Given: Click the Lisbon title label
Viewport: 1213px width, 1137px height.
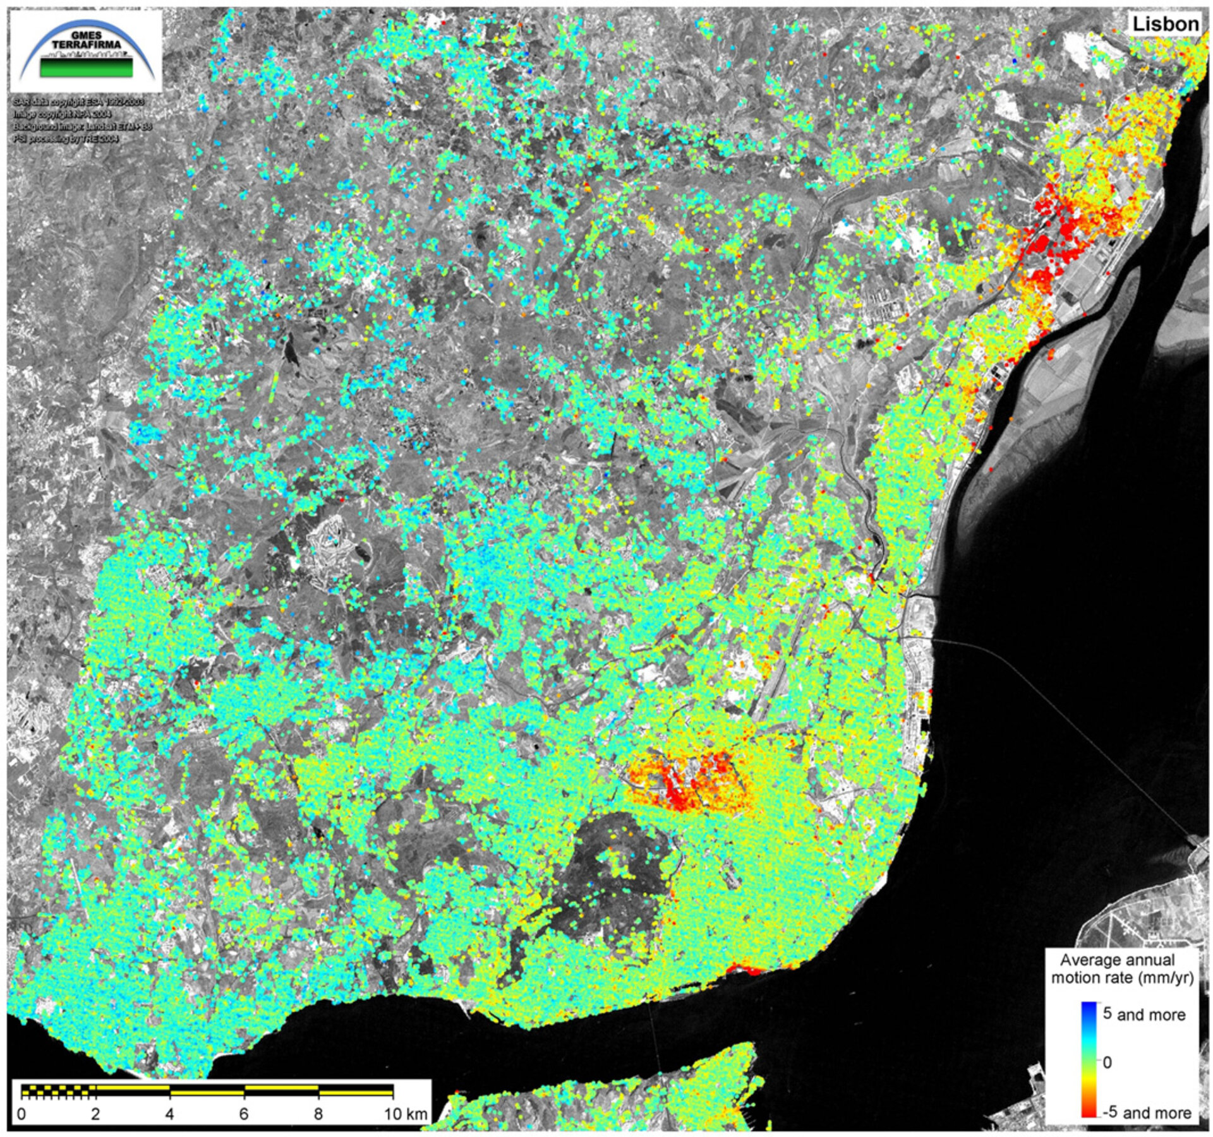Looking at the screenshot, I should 1165,24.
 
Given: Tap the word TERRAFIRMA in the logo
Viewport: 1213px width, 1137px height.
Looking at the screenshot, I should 87,45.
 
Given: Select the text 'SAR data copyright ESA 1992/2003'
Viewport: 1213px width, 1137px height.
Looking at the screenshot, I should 79,102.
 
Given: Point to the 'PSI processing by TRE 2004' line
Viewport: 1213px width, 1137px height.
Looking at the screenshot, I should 66,139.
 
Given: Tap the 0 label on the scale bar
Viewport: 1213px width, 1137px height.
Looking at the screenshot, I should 22,1114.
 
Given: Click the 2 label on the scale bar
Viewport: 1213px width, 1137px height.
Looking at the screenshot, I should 95,1114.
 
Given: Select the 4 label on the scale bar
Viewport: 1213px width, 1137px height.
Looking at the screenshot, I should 169,1114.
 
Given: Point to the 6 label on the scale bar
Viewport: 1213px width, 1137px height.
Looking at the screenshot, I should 244,1114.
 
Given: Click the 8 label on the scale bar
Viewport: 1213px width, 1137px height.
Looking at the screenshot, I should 318,1114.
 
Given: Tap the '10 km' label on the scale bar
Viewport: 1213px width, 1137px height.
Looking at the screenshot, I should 405,1114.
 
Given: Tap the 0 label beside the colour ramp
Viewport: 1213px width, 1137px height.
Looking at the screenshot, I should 1107,1063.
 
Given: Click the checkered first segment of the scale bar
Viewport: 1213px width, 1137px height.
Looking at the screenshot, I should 58,1090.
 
